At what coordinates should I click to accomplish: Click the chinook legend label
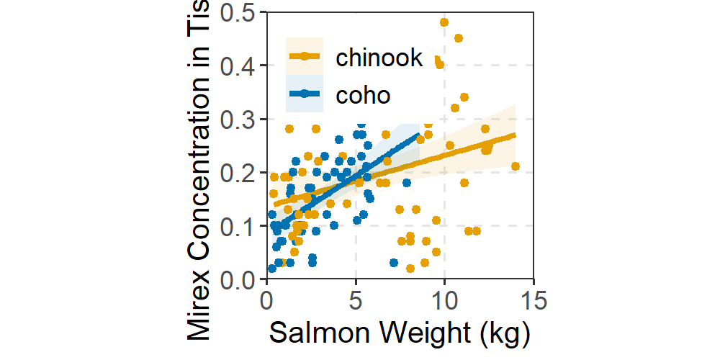coord(379,58)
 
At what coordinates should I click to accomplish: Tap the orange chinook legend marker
coord(305,56)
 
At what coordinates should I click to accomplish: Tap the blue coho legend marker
coord(305,94)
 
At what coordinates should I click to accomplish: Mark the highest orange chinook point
coord(444,22)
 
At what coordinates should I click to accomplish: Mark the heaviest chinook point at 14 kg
coord(515,166)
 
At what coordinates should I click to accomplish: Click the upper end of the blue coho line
coord(418,135)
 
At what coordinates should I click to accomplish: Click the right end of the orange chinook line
coord(515,134)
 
